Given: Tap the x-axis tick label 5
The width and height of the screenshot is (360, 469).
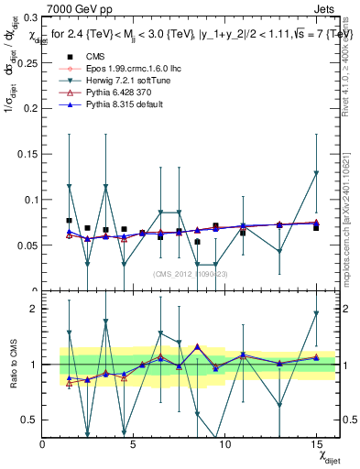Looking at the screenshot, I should pos(134,445).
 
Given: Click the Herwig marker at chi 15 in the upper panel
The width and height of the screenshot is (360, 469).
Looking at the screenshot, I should pos(316,172).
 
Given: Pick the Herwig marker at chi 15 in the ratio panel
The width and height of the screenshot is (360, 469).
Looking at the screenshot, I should pos(316,313).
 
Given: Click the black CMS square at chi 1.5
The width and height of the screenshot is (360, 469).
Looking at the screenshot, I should pos(70,221).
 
